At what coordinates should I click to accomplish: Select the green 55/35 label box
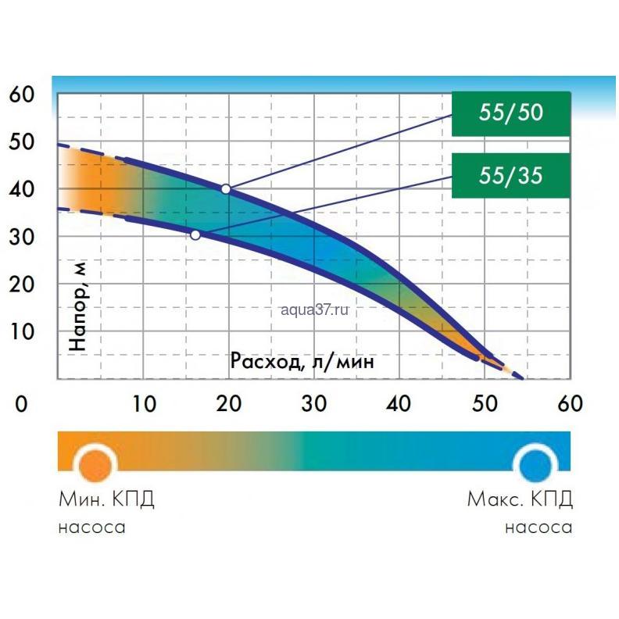[511, 175]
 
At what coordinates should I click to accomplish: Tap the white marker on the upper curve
[226, 189]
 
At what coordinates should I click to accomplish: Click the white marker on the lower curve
[195, 234]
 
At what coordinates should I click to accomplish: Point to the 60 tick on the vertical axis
[22, 95]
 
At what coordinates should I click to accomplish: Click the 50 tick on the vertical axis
[22, 142]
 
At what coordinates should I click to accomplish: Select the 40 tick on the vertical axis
[22, 190]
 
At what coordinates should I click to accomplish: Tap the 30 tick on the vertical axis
[22, 237]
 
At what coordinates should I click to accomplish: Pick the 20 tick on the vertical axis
[22, 284]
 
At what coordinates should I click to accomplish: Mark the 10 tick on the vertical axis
[22, 331]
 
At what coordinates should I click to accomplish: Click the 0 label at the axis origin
[22, 404]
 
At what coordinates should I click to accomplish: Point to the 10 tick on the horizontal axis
[144, 404]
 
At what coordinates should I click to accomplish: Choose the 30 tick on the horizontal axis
[314, 404]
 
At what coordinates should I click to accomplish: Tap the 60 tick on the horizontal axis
[568, 404]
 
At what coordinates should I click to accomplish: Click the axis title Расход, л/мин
[302, 361]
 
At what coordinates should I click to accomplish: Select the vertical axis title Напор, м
[79, 305]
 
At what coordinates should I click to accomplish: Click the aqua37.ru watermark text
[312, 310]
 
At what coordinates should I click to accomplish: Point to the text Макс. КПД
[519, 499]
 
